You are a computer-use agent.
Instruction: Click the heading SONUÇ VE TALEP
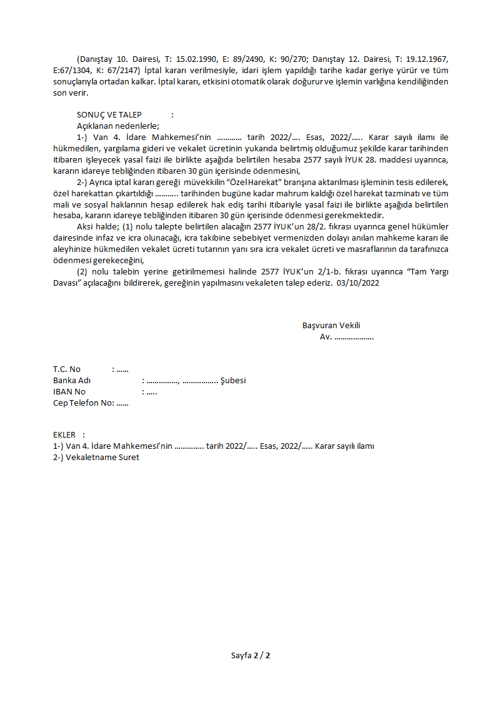coord(109,115)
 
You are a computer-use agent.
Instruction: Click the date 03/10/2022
coord(358,283)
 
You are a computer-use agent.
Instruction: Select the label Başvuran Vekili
coord(331,325)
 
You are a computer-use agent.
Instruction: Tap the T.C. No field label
coord(67,369)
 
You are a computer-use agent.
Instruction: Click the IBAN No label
coord(69,392)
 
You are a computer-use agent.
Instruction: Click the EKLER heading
coord(64,434)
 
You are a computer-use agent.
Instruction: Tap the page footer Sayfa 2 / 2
coord(250,656)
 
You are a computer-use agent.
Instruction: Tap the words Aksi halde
coord(97,227)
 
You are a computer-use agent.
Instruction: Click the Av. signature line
coord(347,336)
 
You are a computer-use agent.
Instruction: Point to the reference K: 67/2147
coord(120,71)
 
